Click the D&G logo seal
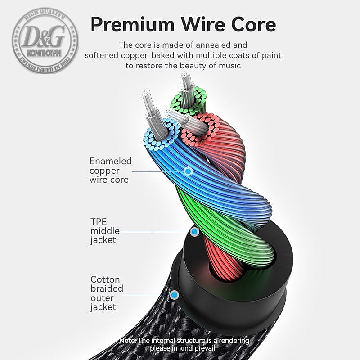tap(45, 40)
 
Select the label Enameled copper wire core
tap(110, 171)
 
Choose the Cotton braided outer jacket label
tap(107, 293)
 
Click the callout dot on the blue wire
tap(189, 171)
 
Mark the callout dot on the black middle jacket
tap(194, 232)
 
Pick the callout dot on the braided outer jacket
tap(174, 295)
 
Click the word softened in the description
tap(103, 55)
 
